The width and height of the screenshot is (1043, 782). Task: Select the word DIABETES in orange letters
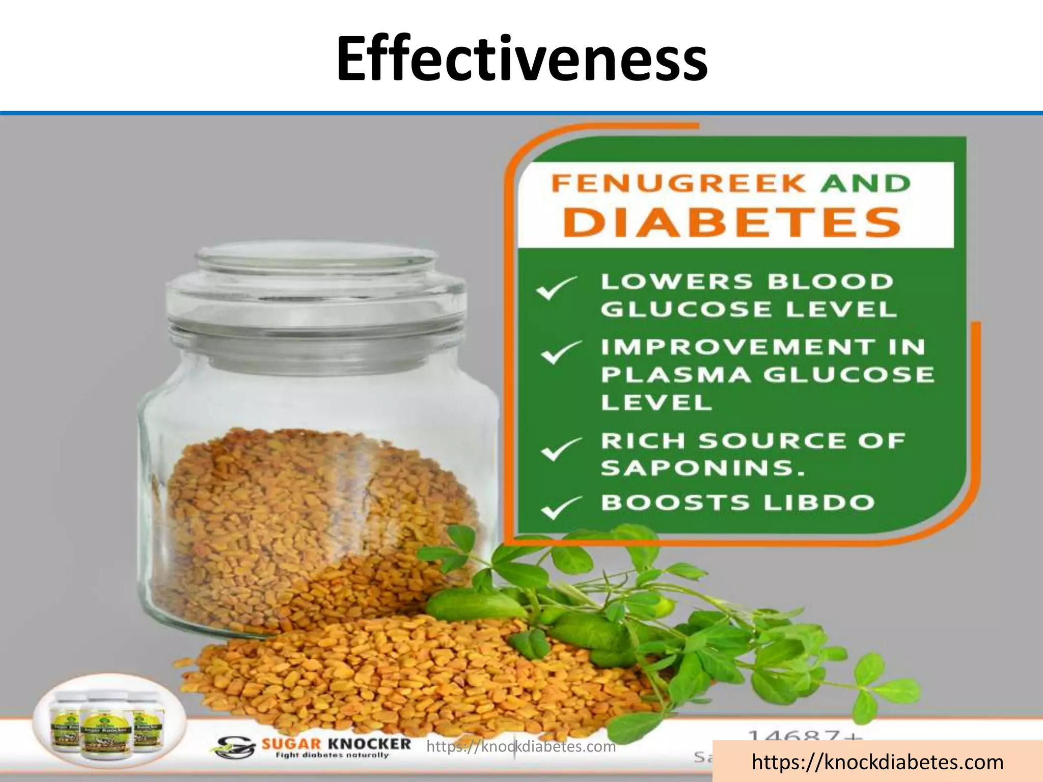732,222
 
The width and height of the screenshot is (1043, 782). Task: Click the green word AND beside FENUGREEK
865,183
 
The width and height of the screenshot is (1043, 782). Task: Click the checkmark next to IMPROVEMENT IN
560,352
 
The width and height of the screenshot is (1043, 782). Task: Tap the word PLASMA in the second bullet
675,375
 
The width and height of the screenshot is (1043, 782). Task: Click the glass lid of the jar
316,285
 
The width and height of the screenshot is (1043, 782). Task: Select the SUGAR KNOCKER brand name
336,744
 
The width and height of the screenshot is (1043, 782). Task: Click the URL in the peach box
877,762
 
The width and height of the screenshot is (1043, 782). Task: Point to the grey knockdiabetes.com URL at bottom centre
521,747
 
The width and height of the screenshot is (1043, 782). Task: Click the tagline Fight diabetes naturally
331,756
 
